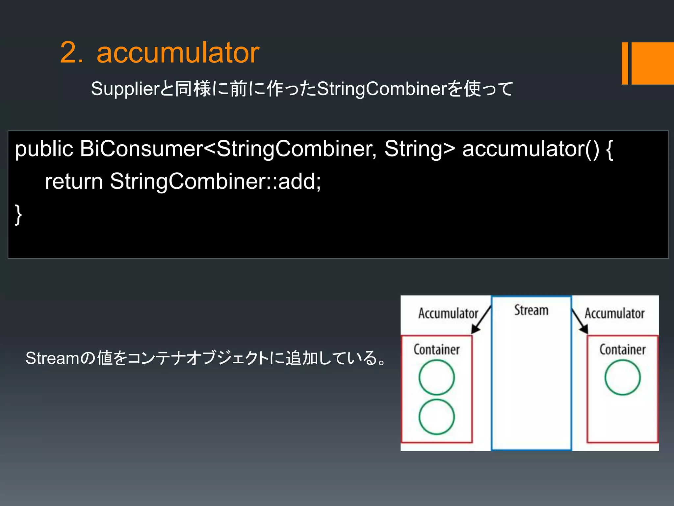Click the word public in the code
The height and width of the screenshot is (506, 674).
(44, 149)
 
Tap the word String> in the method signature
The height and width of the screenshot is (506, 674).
(420, 149)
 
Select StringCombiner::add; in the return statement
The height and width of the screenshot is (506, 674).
(216, 182)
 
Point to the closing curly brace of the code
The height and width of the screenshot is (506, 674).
(18, 214)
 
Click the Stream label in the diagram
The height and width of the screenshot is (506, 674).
(531, 310)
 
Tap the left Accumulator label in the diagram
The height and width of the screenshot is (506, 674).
(448, 313)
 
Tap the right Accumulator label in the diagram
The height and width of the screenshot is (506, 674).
(614, 313)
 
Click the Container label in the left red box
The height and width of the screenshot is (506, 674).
(436, 350)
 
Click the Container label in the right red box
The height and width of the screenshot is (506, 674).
(622, 350)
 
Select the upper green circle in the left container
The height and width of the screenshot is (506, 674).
(437, 378)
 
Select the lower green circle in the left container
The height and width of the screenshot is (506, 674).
(437, 417)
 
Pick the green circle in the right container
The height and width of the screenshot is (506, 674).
(622, 378)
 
